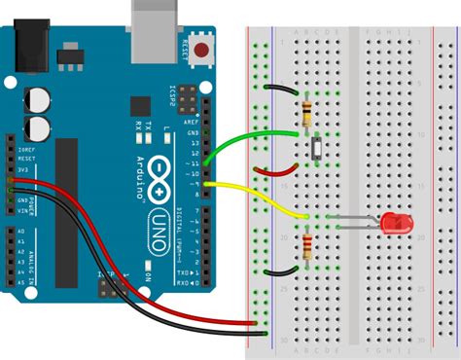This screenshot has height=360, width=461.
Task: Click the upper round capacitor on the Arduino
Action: (x=39, y=99)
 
